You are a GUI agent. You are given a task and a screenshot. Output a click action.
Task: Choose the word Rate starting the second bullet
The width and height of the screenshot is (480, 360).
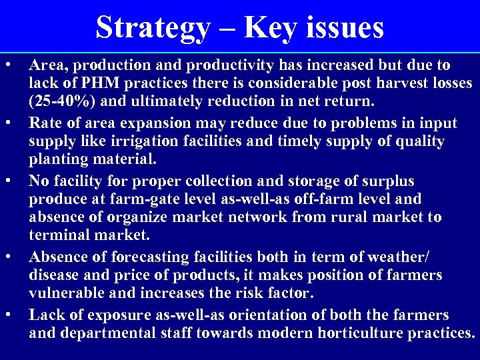[45, 123]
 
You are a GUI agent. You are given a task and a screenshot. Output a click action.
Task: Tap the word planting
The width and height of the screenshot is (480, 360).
[59, 159]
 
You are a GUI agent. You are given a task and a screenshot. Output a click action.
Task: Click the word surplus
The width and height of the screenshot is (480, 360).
[386, 181]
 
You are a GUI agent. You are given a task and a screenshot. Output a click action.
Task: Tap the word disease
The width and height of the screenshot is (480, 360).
[54, 275]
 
